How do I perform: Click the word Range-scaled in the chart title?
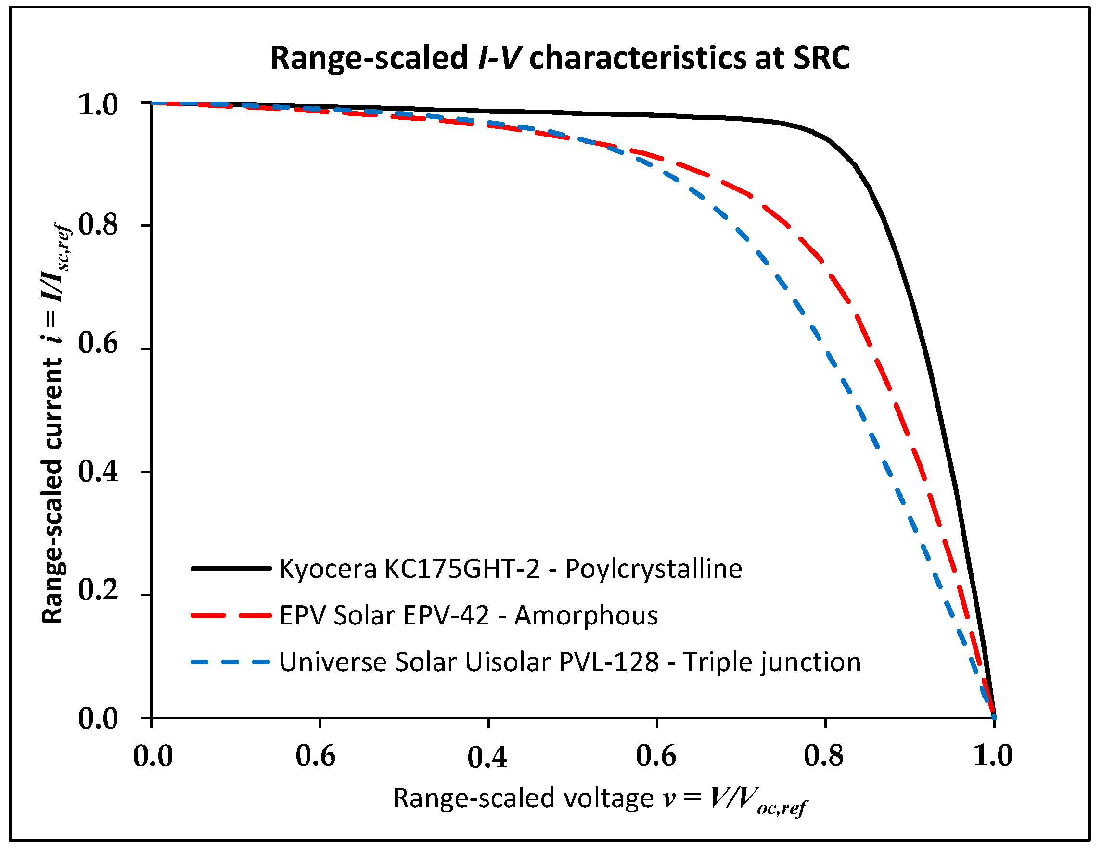[x=369, y=58]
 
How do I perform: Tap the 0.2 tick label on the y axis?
[x=98, y=589]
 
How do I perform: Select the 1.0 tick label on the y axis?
[x=98, y=104]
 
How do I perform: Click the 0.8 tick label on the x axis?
[x=823, y=756]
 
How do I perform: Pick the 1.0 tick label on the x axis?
[x=992, y=756]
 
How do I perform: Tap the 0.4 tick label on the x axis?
[x=487, y=757]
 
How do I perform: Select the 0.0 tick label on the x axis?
[x=153, y=756]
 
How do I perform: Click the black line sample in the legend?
[x=231, y=569]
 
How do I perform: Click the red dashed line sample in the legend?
[x=231, y=615]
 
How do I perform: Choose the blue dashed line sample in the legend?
[x=231, y=662]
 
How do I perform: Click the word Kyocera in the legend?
[x=328, y=569]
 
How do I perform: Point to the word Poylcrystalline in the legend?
[x=654, y=569]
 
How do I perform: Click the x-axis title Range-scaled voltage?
[x=523, y=798]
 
